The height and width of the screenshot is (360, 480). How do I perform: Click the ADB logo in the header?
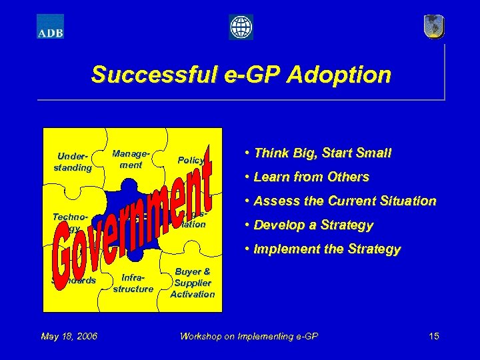pyautogui.click(x=50, y=27)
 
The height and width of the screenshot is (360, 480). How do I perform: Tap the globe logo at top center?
pyautogui.click(x=241, y=27)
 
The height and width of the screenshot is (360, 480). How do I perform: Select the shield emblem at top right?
pyautogui.click(x=433, y=27)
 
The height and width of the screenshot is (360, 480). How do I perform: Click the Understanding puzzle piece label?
pyautogui.click(x=73, y=162)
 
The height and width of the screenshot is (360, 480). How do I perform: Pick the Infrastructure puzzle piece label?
pyautogui.click(x=133, y=283)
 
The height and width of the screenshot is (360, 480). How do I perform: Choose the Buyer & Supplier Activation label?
pyautogui.click(x=193, y=283)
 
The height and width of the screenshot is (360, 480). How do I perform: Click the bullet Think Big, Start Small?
pyautogui.click(x=318, y=153)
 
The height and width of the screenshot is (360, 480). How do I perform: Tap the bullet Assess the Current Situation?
pyautogui.click(x=340, y=201)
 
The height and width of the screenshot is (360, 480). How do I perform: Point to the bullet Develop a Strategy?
pyautogui.click(x=309, y=225)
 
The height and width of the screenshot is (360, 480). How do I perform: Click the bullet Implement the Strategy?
pyautogui.click(x=323, y=249)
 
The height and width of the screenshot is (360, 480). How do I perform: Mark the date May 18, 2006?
pyautogui.click(x=69, y=336)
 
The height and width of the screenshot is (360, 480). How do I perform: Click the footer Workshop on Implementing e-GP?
pyautogui.click(x=249, y=336)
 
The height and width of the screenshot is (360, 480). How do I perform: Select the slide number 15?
pyautogui.click(x=433, y=336)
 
